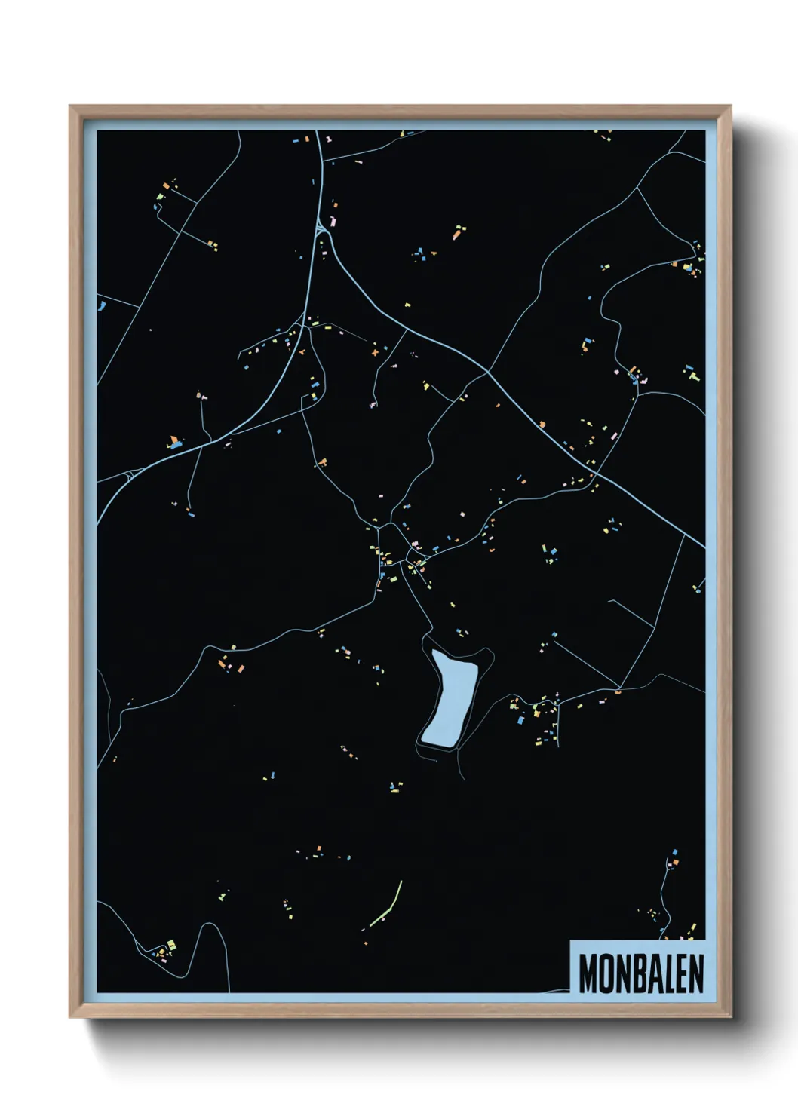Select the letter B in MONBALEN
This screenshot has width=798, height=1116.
tap(637, 973)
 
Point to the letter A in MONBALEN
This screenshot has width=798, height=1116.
tap(652, 973)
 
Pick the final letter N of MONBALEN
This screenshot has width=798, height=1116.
tap(696, 973)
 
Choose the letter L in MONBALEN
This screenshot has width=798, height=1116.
tap(668, 973)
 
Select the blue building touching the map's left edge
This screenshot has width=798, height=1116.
tap(101, 305)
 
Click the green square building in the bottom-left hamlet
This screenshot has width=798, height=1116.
tap(172, 944)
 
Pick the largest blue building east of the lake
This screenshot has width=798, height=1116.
tap(520, 720)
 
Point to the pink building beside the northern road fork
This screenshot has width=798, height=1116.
tap(333, 222)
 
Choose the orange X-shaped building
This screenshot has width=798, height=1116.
tap(374, 351)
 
